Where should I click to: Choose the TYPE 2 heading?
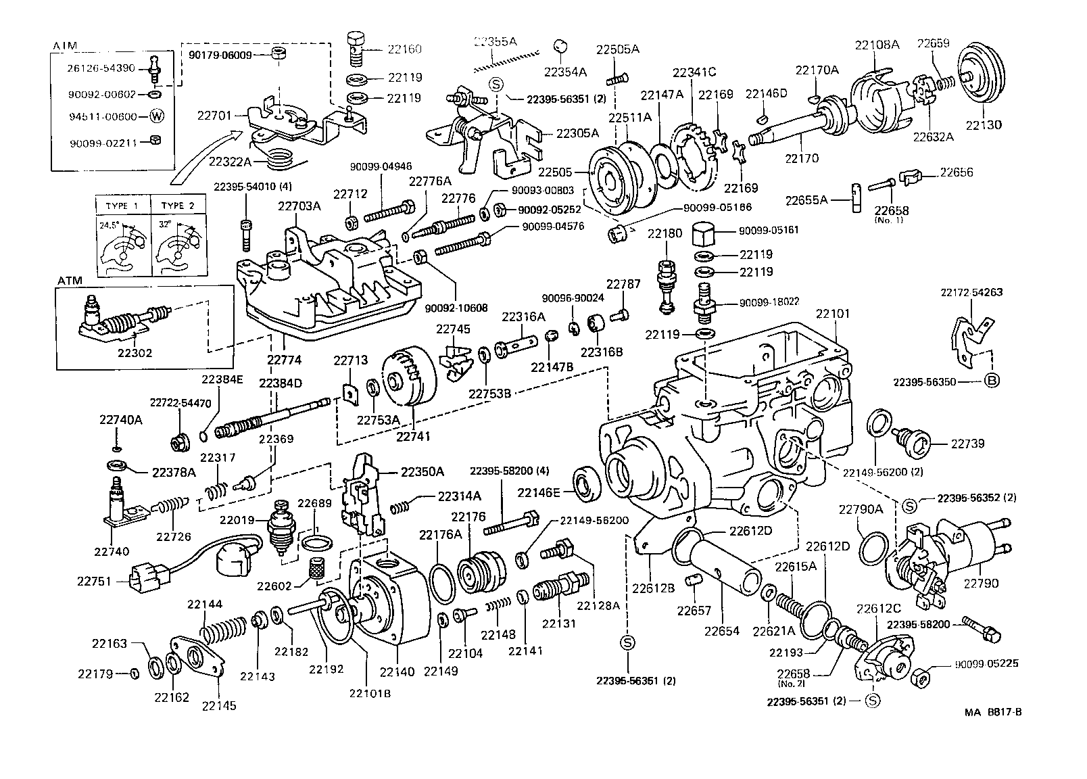click(173, 206)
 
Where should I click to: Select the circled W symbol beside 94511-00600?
click(156, 116)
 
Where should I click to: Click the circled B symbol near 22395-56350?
click(991, 382)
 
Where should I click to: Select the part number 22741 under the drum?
click(412, 437)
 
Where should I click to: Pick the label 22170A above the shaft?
click(817, 70)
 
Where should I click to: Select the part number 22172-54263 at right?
click(971, 293)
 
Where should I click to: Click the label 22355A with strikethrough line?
click(495, 42)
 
